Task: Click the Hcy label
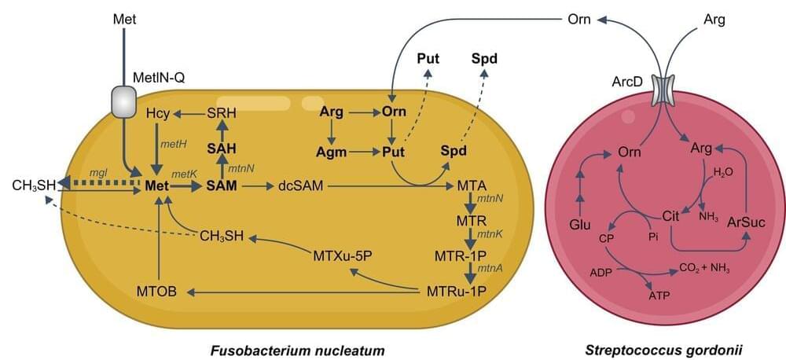158,114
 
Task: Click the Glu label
580,226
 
